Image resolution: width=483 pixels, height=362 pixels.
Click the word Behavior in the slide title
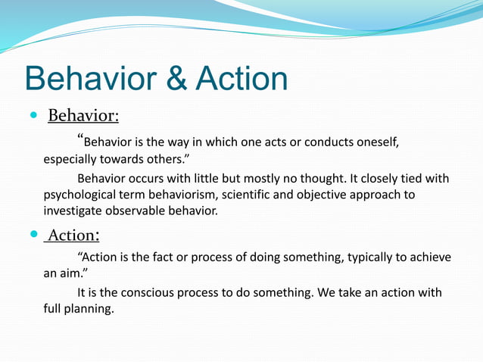coord(89,79)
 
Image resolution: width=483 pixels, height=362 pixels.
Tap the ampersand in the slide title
coord(177,79)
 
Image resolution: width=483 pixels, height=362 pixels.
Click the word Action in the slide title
coord(240,79)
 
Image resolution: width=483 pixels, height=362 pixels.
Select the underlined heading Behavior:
coord(83,117)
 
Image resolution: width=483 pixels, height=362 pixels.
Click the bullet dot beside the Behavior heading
coord(32,117)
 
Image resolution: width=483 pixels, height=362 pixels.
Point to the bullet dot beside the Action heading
coord(32,235)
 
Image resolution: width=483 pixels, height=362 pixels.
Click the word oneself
coord(376,142)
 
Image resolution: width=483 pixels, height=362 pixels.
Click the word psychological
coord(80,195)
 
